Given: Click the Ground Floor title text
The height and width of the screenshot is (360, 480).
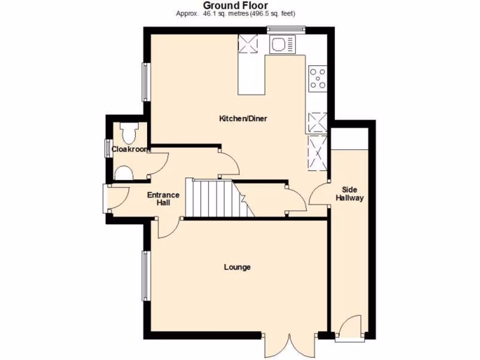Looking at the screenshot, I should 235,5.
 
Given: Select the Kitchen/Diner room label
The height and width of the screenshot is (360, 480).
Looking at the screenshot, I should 243,119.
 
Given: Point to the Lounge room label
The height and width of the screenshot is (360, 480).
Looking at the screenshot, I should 237,267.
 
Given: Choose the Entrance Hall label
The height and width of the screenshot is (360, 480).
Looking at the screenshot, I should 164,199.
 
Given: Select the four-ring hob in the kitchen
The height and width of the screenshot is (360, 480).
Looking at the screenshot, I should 317,78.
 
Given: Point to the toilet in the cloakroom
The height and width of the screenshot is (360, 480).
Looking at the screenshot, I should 127,133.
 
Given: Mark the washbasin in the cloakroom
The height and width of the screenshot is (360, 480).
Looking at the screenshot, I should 123,173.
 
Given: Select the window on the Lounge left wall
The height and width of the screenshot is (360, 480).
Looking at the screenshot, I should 146,275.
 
